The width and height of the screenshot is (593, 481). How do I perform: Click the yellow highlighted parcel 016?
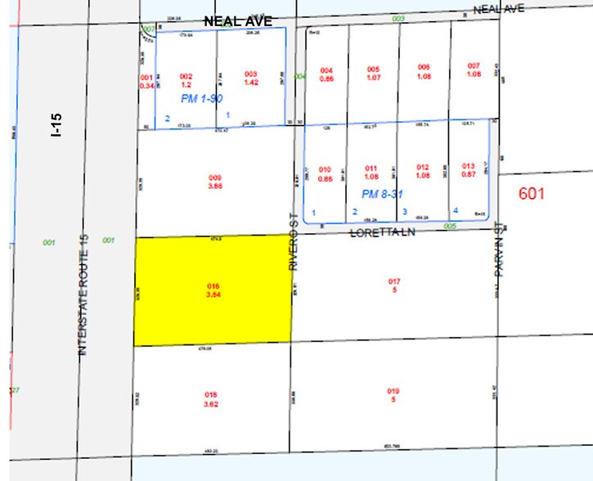(213, 290)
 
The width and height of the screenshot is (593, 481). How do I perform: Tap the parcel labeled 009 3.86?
(215, 182)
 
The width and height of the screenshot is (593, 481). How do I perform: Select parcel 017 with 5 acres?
(394, 285)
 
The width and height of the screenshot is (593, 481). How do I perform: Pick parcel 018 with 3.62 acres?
(211, 399)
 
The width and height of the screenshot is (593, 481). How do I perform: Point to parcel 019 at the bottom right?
(393, 395)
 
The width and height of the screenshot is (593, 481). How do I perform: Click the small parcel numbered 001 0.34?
(147, 81)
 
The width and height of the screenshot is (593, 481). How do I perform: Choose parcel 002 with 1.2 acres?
(186, 79)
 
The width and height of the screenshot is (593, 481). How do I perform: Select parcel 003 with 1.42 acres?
(251, 79)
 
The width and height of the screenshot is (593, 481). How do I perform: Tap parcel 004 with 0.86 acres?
(327, 74)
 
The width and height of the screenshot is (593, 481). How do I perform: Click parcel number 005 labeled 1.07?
(374, 74)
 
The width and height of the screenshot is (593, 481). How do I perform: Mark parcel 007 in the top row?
(474, 70)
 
